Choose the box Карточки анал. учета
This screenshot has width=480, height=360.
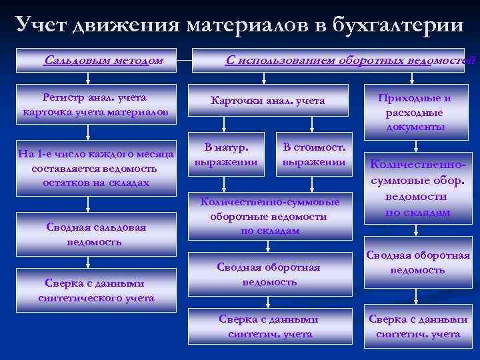(267, 101)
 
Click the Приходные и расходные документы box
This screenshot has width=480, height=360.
(414, 112)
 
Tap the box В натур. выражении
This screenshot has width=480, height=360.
(226, 154)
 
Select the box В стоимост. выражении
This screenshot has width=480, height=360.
(314, 154)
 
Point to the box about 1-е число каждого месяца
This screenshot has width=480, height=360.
(96, 168)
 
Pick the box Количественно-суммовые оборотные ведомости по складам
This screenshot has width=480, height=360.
(270, 216)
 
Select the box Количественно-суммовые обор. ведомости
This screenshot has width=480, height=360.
(417, 189)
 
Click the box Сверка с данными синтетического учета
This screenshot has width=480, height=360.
(96, 291)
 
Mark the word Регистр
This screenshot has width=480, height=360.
(63, 97)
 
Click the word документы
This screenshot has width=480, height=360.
(415, 127)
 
